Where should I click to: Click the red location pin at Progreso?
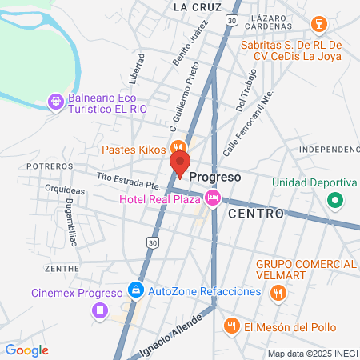click(179, 165)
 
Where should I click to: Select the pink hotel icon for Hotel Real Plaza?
click(212, 198)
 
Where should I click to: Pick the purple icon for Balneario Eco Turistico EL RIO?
click(54, 102)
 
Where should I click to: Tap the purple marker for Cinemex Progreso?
click(99, 310)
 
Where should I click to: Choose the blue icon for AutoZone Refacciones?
click(137, 291)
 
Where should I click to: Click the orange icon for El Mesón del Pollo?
click(231, 326)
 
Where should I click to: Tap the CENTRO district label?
click(256, 214)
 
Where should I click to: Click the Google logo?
click(26, 350)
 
